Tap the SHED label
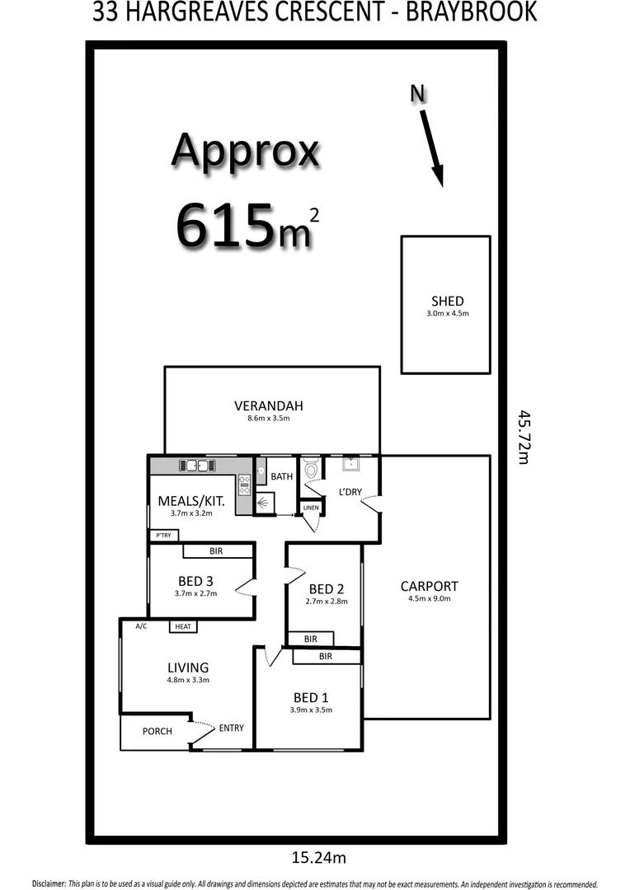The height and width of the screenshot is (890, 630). coord(447,301)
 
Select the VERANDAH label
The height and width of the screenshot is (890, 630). coord(269,405)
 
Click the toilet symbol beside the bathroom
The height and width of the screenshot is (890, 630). coord(310,471)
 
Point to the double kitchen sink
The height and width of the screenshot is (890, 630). coord(197,466)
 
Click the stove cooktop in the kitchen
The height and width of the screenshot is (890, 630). coord(244,485)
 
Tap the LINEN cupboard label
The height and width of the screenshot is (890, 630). coord(311,508)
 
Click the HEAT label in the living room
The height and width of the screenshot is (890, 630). coord(182,627)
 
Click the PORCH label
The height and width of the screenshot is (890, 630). coord(157,731)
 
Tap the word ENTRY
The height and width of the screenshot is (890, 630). coord(231,728)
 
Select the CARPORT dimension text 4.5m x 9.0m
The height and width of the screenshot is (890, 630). coord(429,599)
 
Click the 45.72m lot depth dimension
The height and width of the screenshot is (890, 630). coord(522,437)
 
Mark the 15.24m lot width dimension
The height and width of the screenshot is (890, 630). coord(318,858)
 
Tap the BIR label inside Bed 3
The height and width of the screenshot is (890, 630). coord(217,550)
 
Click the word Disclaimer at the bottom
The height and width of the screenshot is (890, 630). coord(49,883)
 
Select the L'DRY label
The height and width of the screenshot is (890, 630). coord(350,492)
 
